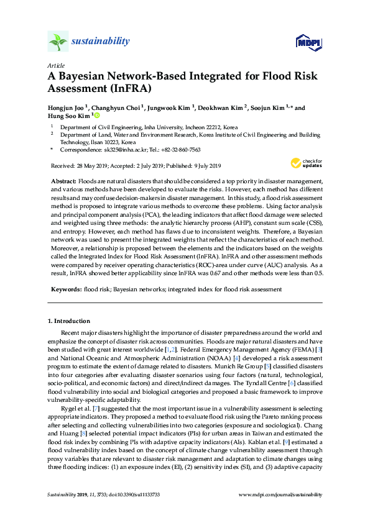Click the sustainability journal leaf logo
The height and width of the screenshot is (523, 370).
[x=58, y=42]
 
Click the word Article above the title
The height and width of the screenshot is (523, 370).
[x=55, y=65]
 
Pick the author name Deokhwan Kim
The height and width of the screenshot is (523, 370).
[x=220, y=107]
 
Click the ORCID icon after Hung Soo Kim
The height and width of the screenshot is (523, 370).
[x=97, y=115]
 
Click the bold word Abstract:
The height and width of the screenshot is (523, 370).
[x=63, y=180]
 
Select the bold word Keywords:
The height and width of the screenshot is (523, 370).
[x=66, y=289]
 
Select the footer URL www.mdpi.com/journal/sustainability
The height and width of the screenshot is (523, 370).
[x=280, y=494]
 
